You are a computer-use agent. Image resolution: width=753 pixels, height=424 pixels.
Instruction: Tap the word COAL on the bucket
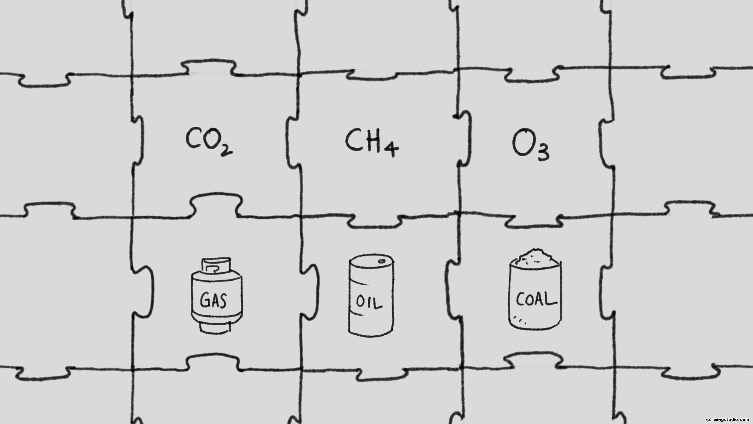pos(536,300)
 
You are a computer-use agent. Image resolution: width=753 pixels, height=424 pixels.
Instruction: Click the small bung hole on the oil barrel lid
pos(381,261)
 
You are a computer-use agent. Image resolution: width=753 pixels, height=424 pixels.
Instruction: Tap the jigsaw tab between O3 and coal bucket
pos(534,221)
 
